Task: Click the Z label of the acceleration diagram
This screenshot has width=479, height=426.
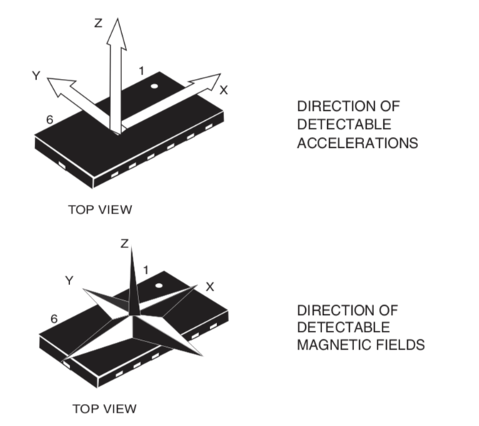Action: click(x=98, y=23)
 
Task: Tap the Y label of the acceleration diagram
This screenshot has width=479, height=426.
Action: click(x=36, y=75)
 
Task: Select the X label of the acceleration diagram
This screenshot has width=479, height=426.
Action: click(x=224, y=90)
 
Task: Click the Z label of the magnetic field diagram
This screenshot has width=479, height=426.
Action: click(x=124, y=243)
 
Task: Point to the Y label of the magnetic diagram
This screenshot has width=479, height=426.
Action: click(x=70, y=280)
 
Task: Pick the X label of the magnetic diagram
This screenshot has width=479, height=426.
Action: click(x=210, y=287)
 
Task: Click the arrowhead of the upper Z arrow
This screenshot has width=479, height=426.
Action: click(x=116, y=33)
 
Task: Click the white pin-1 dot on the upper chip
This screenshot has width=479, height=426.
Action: click(x=154, y=86)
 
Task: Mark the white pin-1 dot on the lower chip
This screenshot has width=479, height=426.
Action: click(x=159, y=286)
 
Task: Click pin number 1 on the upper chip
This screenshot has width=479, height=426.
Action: click(x=141, y=71)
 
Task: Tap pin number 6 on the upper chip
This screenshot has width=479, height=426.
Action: click(x=50, y=119)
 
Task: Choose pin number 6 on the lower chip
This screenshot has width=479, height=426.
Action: click(x=54, y=319)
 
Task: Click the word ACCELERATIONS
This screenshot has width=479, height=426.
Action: click(x=358, y=143)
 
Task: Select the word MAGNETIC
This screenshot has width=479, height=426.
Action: click(x=334, y=345)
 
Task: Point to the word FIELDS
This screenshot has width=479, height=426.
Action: click(x=400, y=345)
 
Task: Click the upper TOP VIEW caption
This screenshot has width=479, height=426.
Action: click(x=100, y=210)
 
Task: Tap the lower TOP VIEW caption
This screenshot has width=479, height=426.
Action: click(x=104, y=409)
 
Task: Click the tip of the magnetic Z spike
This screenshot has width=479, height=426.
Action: click(x=132, y=247)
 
